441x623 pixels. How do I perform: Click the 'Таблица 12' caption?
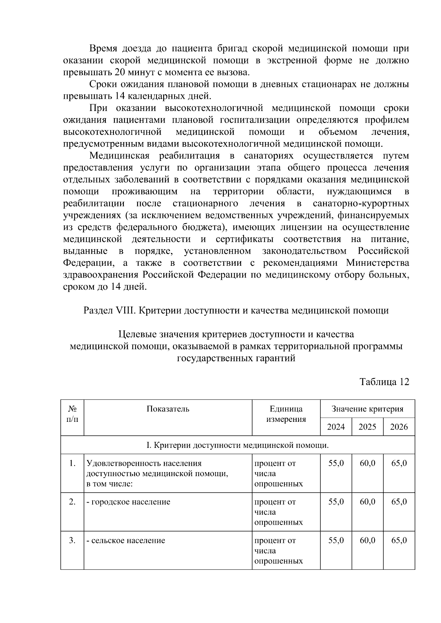(384, 382)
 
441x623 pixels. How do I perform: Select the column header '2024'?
(336, 427)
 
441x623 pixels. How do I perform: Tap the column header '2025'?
(367, 427)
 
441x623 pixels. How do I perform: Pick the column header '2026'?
(399, 427)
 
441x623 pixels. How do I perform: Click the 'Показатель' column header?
(168, 409)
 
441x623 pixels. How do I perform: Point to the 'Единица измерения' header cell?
(286, 414)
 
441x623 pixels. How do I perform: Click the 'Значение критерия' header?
(367, 409)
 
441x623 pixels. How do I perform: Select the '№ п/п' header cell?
(72, 414)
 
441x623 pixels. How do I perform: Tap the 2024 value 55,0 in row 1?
(336, 463)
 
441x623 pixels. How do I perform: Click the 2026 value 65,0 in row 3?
(399, 540)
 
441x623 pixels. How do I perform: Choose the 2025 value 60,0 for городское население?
(367, 502)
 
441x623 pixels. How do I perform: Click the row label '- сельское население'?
(126, 540)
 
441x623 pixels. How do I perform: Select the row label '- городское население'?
(128, 502)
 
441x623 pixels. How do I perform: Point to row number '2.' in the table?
(72, 502)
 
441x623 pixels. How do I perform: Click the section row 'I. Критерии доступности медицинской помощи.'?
(237, 445)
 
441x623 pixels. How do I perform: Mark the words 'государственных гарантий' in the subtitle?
(236, 358)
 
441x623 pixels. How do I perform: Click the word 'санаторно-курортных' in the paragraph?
(361, 203)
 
